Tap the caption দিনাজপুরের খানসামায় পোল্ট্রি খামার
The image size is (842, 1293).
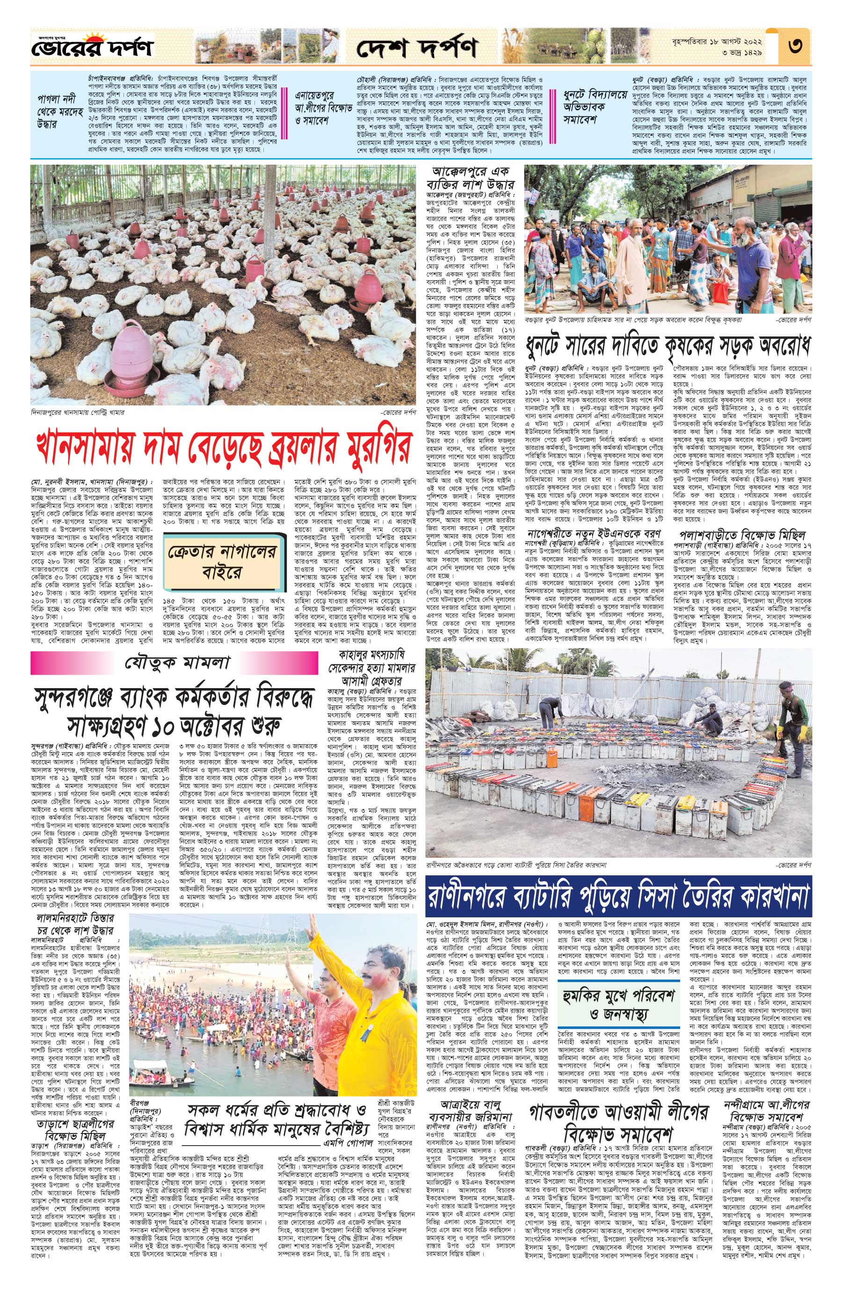click(x=78, y=412)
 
